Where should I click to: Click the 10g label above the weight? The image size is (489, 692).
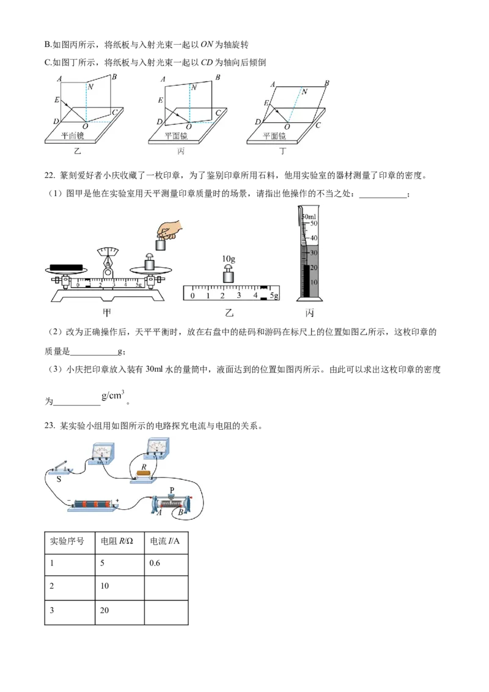pos(228,259)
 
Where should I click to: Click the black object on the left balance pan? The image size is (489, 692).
pos(66,267)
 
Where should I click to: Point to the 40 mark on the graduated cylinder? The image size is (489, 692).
pos(314,238)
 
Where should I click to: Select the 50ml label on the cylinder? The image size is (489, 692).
pos(309,216)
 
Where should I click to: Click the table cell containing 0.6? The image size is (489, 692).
pos(166,563)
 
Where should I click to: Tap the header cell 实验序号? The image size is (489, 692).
pos(70,542)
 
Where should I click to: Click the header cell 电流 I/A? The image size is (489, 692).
pos(166,542)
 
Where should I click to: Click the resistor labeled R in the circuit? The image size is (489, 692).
pos(144,474)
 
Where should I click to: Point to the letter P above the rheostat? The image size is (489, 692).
pos(172,490)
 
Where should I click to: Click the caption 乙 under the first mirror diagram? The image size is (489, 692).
pos(78,151)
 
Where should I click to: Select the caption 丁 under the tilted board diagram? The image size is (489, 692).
pos(282,151)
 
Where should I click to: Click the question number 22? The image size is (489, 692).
pos(50,175)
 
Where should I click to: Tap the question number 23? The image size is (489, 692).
pos(50,426)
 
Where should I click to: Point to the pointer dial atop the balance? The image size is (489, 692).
pos(108,252)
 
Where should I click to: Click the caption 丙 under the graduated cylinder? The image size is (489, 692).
pos(309,313)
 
